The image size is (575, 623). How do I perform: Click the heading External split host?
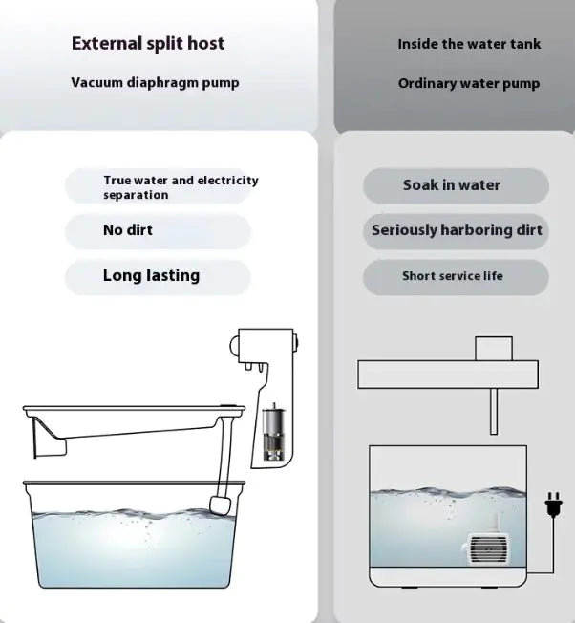point(147,43)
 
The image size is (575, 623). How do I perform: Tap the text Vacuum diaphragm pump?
point(155,83)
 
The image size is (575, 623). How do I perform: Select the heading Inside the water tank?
point(469,44)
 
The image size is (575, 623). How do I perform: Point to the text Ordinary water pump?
point(469,84)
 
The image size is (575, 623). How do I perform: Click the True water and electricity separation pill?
point(159,187)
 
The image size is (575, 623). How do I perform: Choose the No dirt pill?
point(159,230)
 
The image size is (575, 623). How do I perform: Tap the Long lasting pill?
point(159,276)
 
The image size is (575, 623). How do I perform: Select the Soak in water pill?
point(456,185)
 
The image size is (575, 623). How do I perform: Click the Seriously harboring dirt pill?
point(456,230)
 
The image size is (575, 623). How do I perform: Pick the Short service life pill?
point(456,276)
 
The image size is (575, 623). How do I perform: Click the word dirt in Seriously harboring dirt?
point(524,230)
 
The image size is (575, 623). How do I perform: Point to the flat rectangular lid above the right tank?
point(447,375)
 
